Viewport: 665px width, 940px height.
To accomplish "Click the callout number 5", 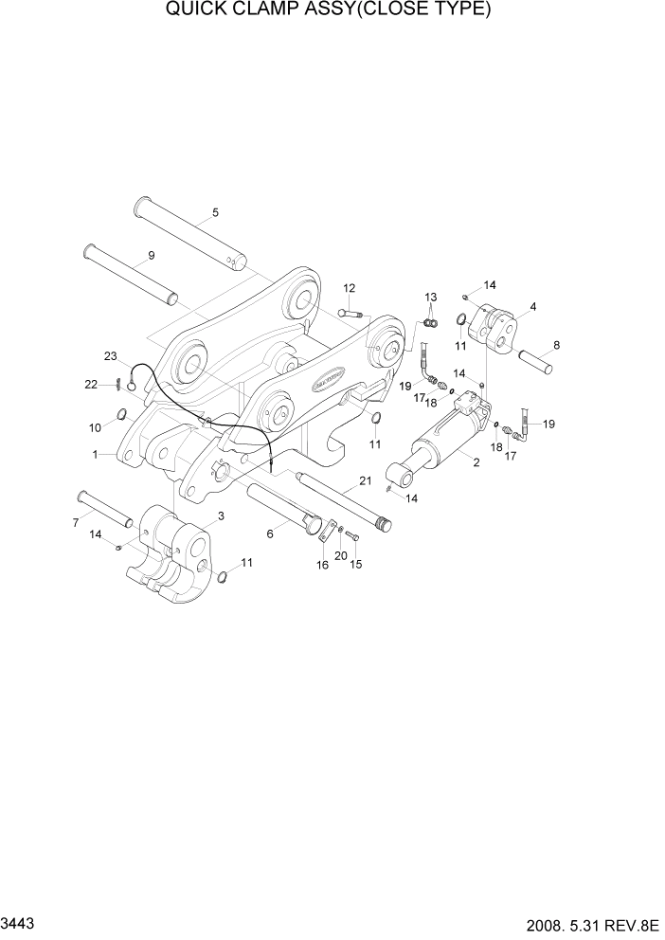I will coord(215,212).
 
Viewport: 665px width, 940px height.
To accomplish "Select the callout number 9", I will coord(151,256).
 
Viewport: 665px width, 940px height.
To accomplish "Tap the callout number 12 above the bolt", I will coord(349,288).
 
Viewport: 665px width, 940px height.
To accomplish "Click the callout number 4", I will coord(533,306).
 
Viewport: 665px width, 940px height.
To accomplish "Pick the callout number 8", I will coord(555,345).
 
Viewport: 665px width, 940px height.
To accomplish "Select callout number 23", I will coord(111,356).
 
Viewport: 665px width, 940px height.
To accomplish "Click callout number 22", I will coord(91,384).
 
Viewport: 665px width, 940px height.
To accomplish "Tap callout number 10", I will coord(95,428).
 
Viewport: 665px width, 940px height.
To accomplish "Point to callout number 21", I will coord(364,482).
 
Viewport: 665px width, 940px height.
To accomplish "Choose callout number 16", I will coord(322,565).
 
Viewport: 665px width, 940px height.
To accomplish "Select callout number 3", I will coord(221,515).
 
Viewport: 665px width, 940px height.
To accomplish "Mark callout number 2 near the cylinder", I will coord(475,462).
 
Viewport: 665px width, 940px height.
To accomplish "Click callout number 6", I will coord(270,534).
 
